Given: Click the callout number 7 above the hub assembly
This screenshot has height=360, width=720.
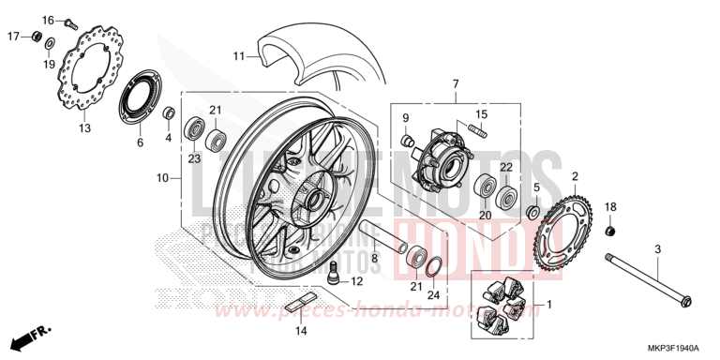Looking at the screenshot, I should click(x=456, y=84).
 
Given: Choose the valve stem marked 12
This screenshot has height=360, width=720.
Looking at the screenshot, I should click(x=334, y=276).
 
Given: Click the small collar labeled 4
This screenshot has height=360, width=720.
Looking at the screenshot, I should click(x=170, y=114).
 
